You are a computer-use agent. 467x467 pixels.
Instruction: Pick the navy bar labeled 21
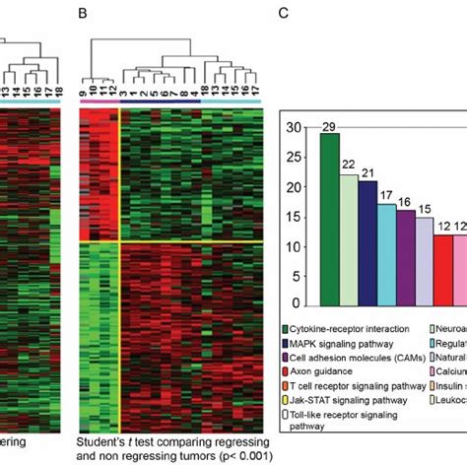[368, 242]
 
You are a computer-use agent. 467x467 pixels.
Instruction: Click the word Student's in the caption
[102, 445]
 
